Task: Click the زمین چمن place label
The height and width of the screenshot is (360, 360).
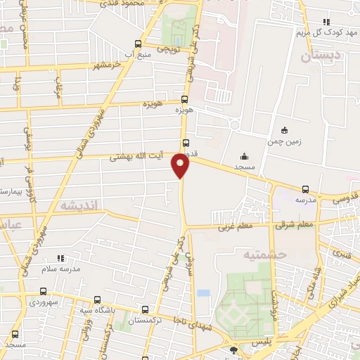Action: coord(284,141)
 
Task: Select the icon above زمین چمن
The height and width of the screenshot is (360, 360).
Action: coord(284,130)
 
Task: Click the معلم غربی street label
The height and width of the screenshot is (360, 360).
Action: coord(233,226)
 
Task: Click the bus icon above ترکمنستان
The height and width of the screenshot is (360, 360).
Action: coord(145,309)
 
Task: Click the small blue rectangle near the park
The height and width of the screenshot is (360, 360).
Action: coord(203,292)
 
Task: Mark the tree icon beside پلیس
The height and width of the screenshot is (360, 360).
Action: coord(233,348)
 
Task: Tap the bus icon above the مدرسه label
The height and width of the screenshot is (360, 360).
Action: coord(305,188)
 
